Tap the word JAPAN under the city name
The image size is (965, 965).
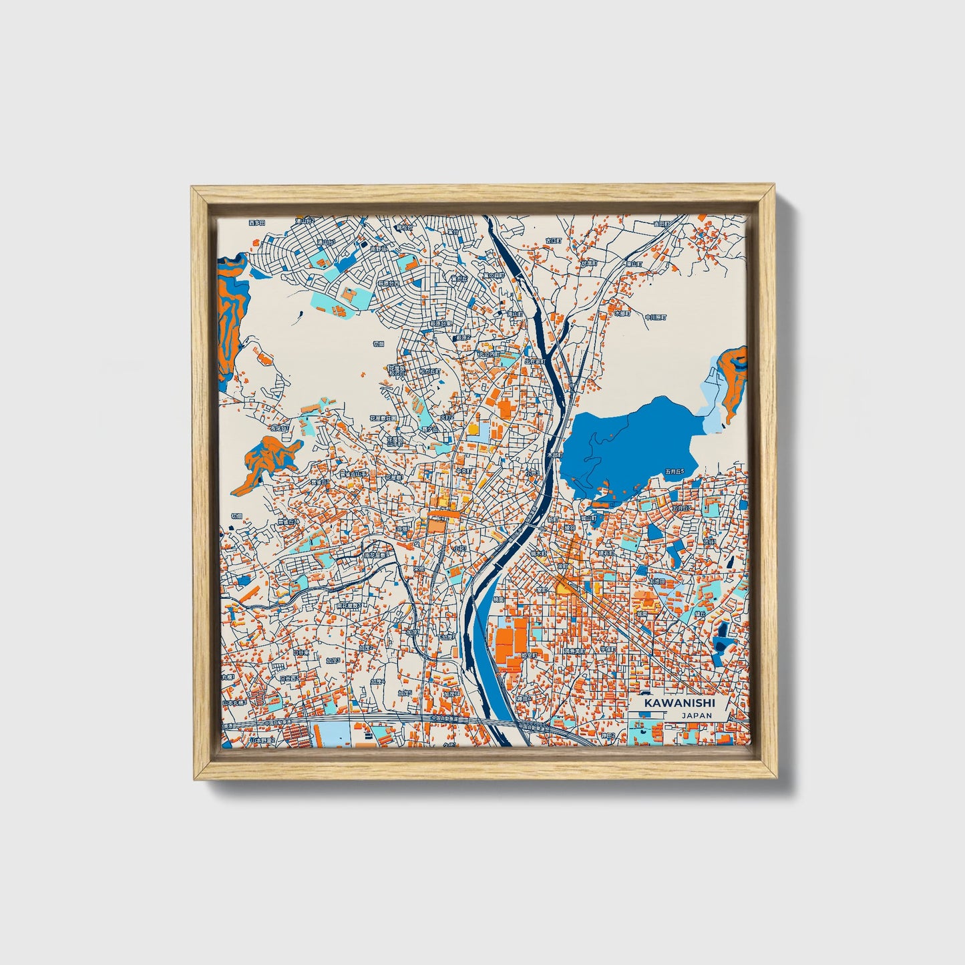(697, 715)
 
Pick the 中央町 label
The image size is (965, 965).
(463, 470)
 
